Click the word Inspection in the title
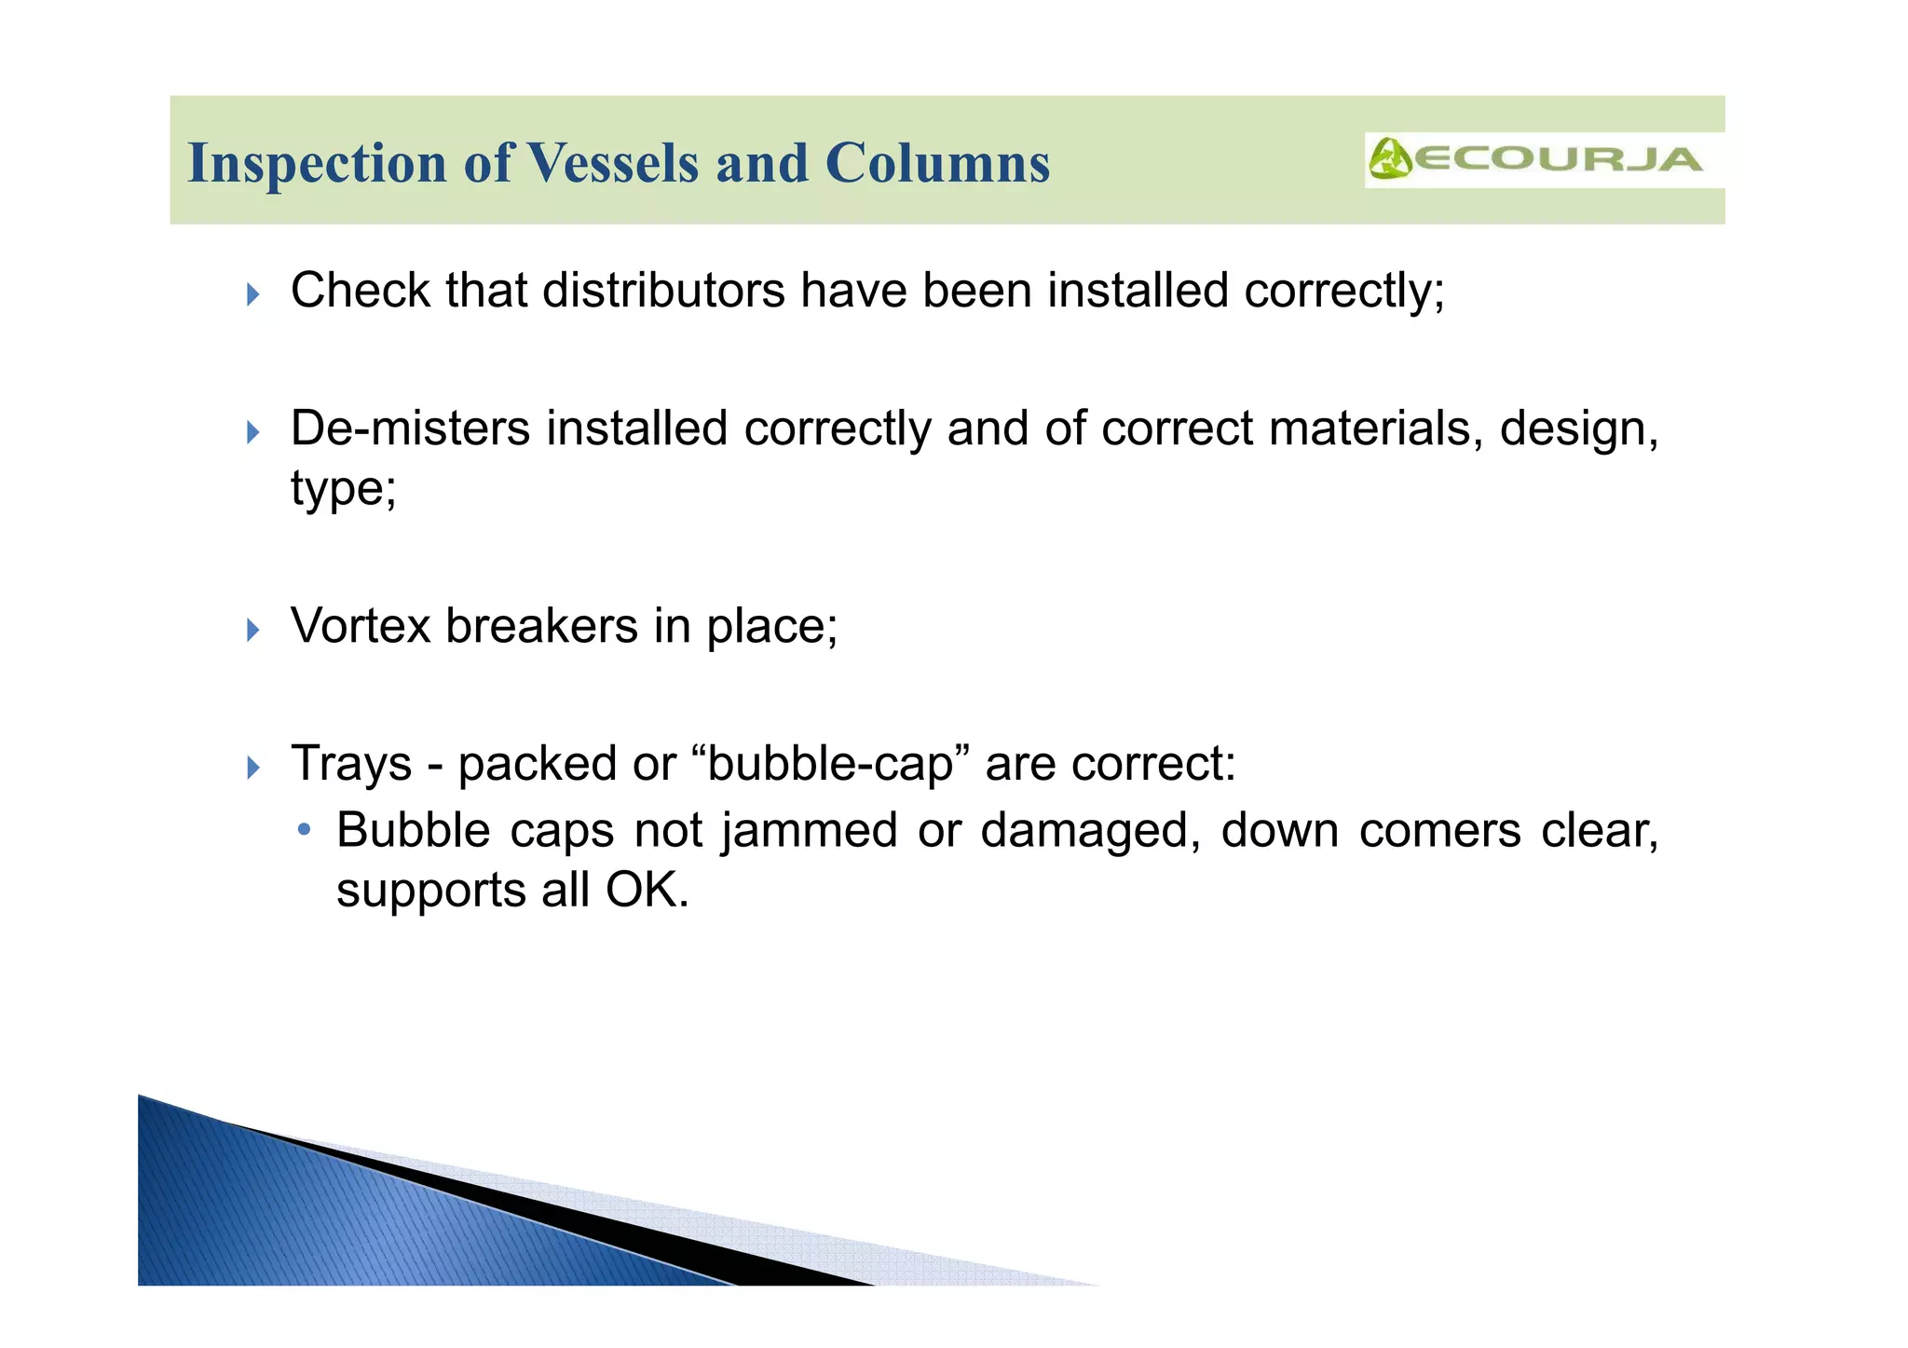click(318, 164)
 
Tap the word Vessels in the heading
click(613, 164)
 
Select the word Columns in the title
click(937, 164)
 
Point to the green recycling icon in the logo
click(1389, 159)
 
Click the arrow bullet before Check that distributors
click(253, 295)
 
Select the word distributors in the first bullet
click(663, 291)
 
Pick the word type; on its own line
click(343, 489)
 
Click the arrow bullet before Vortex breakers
click(253, 631)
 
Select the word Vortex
click(361, 626)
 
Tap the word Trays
click(351, 764)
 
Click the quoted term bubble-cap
click(831, 764)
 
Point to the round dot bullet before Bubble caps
click(303, 829)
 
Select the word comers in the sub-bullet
click(1439, 831)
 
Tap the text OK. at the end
click(647, 891)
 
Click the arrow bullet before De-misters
click(253, 432)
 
